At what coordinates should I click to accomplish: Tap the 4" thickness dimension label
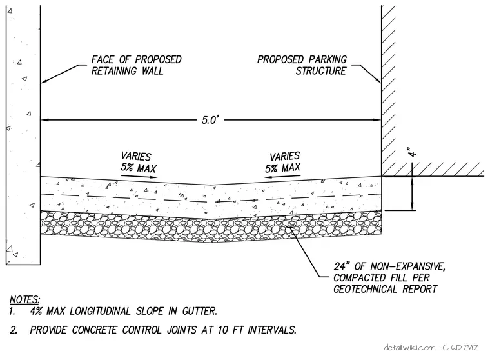tap(413, 152)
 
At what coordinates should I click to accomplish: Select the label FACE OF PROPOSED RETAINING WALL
tap(136, 65)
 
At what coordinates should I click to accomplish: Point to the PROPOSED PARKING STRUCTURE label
tap(302, 65)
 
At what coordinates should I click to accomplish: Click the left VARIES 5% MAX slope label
tap(138, 163)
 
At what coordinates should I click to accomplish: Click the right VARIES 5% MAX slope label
tap(283, 163)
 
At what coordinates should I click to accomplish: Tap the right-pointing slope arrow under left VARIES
tap(139, 177)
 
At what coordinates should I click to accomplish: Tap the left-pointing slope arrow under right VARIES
tap(282, 177)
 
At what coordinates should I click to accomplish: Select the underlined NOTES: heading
tap(24, 299)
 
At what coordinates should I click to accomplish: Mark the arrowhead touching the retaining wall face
tap(43, 82)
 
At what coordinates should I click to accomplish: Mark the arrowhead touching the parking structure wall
tap(378, 80)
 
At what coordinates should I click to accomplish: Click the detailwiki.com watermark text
tap(409, 348)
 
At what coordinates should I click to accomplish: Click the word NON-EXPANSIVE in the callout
tap(407, 266)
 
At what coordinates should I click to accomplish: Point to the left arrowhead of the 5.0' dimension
tap(44, 120)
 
